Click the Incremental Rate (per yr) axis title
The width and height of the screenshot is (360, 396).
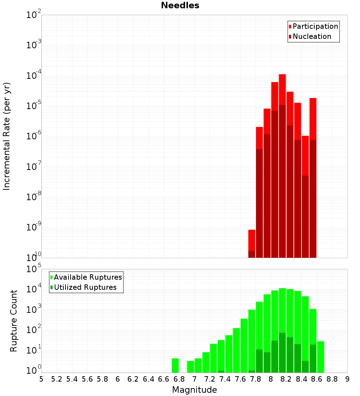click(x=7, y=136)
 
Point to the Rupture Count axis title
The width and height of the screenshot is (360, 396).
click(x=14, y=321)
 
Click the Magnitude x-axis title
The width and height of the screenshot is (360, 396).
click(x=194, y=390)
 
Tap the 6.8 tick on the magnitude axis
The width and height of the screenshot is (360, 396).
click(x=179, y=379)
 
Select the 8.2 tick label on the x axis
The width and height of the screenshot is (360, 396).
click(x=286, y=379)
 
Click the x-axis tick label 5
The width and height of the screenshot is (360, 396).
click(x=41, y=379)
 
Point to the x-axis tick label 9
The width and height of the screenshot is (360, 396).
click(x=347, y=379)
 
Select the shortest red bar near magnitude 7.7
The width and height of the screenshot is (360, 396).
click(x=252, y=240)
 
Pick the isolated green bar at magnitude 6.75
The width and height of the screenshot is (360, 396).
click(x=175, y=365)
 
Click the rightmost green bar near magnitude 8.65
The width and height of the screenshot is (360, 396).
click(x=320, y=356)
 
